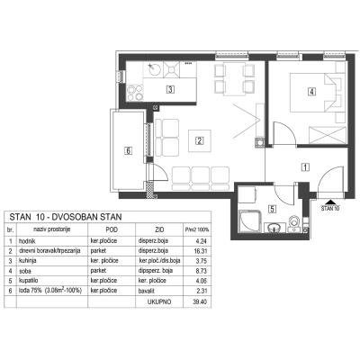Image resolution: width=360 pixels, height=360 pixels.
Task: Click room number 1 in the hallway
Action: click(305, 166)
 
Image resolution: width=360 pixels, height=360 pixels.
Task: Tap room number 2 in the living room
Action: click(199, 139)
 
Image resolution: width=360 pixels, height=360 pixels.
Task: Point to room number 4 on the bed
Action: click(310, 90)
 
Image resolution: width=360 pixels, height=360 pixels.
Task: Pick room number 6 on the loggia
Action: click(129, 150)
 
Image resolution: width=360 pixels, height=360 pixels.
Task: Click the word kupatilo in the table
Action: click(31, 279)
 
